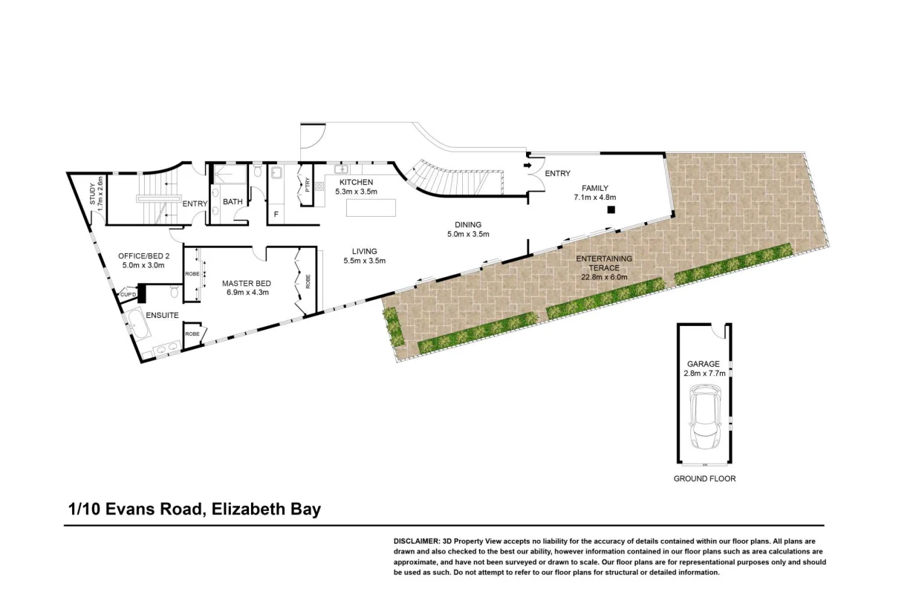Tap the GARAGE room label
coord(703,364)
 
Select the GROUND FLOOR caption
coord(704,479)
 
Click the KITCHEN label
coord(356,182)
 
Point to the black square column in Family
coord(610,210)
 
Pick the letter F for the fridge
coord(276,215)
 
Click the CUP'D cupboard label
coord(129,295)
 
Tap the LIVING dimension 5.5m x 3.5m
coord(364,261)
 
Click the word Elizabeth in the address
coord(245,510)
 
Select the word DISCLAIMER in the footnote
coord(416,541)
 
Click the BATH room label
coord(233,201)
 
